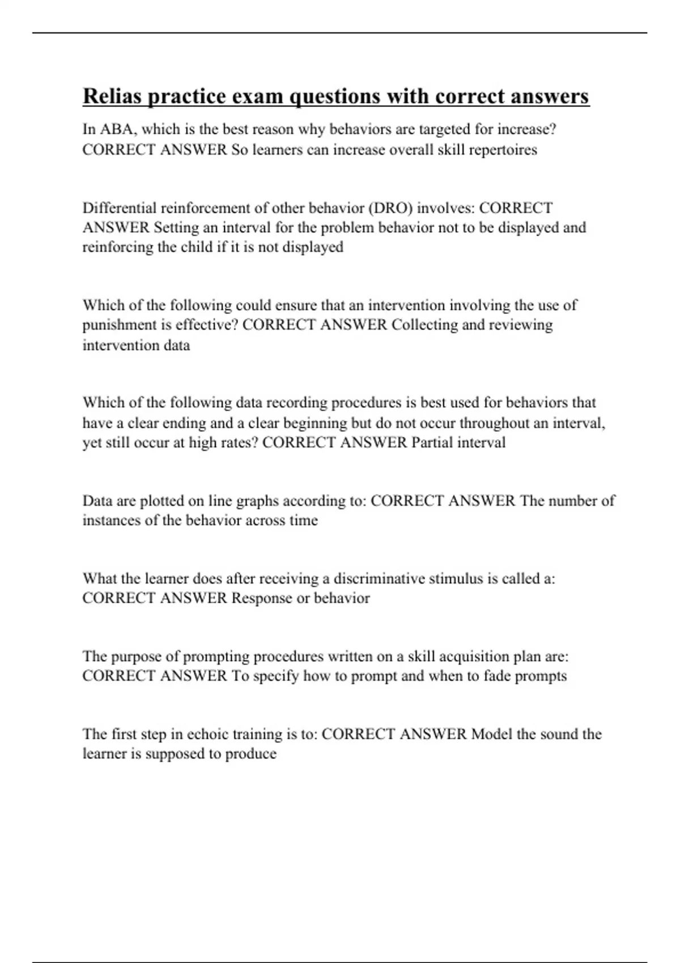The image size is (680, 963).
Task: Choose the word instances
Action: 112,520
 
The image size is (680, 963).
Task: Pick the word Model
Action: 491,734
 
